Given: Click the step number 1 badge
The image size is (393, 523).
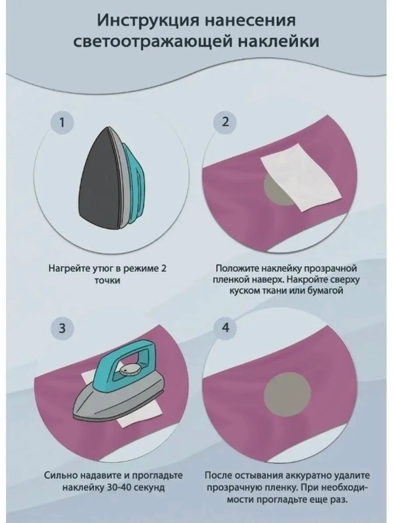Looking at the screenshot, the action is (x=61, y=122).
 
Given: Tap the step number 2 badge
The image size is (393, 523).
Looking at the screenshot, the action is (x=225, y=122).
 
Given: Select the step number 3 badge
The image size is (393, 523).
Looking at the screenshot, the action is (x=62, y=328).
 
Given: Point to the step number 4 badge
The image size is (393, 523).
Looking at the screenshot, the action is (x=225, y=328).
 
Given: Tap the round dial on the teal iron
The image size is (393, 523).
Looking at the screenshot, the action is (x=130, y=370).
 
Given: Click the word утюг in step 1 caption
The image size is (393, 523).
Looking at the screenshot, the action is (x=102, y=269).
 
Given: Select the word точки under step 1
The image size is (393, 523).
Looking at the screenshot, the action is (x=108, y=280).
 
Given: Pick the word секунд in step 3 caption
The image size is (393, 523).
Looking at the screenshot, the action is (x=150, y=488).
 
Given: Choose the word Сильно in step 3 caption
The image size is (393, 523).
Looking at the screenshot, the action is (x=61, y=475).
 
